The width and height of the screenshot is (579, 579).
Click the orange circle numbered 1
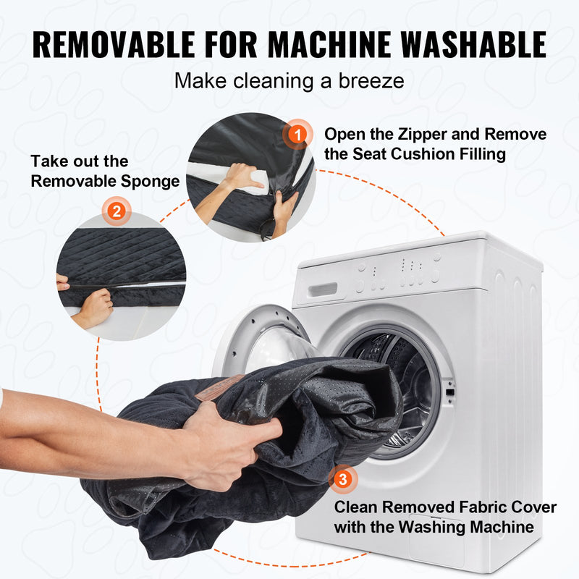pos(297,134)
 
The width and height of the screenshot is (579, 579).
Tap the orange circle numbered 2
pos(117,211)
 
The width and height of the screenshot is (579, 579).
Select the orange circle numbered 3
pos(343,479)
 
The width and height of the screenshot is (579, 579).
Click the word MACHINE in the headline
pos(329,44)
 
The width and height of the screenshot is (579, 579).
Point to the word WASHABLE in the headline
pos(474,44)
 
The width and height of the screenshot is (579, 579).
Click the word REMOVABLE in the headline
pos(114,44)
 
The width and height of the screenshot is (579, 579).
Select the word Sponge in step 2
pos(150,182)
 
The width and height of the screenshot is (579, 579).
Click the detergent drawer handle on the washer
pos(323,289)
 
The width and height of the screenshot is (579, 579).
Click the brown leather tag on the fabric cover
pos(219,387)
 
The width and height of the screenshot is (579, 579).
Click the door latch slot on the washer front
pos(449,392)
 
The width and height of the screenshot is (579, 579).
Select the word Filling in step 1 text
pos(482,154)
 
